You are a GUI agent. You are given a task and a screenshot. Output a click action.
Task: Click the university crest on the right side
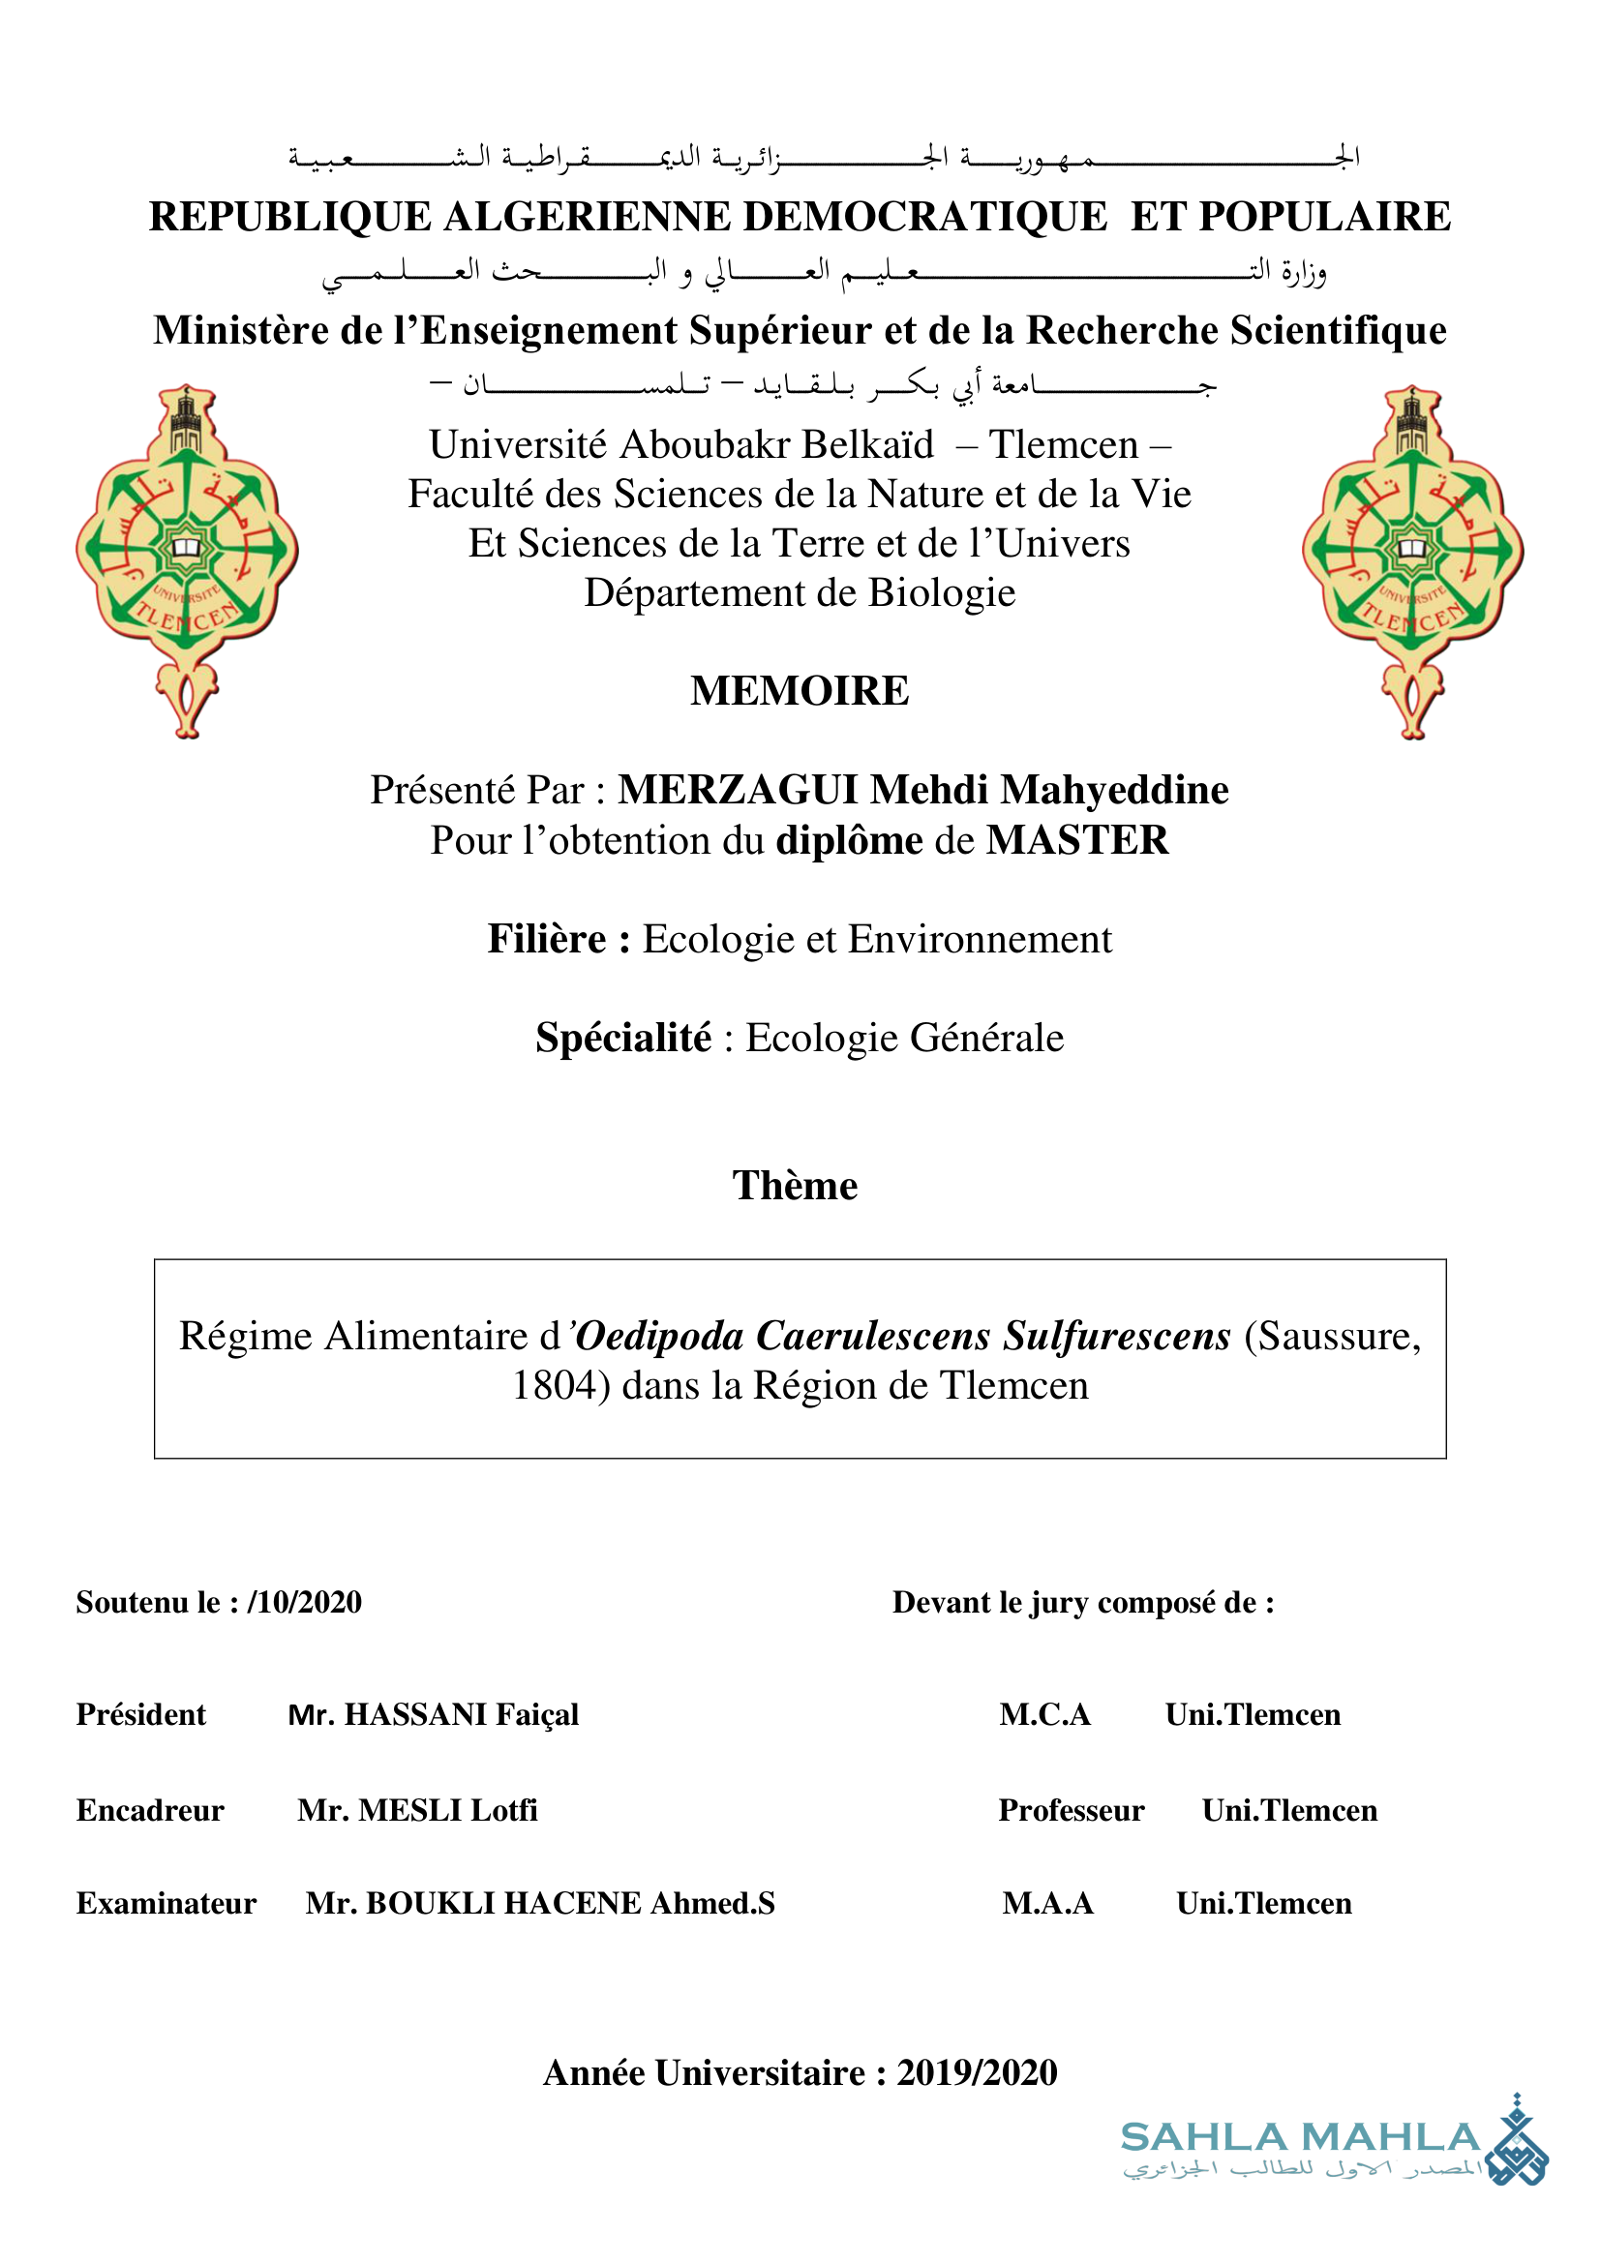point(1412,560)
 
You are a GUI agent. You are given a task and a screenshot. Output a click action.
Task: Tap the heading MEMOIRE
point(800,691)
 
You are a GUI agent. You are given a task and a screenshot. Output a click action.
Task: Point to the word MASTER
point(1076,840)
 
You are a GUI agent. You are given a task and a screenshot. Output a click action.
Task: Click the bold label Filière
point(557,939)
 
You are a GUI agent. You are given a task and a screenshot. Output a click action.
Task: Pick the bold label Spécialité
point(623,1038)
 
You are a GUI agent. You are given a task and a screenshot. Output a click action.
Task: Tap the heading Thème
point(795,1186)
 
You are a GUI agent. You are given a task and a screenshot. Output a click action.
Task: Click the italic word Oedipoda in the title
point(659,1336)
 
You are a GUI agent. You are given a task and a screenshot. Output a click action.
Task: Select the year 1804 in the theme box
point(555,1385)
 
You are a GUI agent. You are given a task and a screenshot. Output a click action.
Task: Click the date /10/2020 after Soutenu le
point(305,1602)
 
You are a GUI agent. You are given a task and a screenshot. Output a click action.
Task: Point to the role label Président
point(141,1715)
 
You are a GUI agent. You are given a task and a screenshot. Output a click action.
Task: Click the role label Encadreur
point(150,1810)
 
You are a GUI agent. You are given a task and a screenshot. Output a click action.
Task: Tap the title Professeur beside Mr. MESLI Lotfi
point(1071,1810)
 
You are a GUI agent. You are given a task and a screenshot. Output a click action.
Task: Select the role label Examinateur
point(166,1903)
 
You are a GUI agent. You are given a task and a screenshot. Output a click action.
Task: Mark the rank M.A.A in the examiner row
point(1047,1903)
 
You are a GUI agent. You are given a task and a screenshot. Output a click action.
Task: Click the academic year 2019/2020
point(976,2072)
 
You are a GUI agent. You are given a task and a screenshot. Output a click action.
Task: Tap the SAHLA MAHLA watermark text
point(1299,2138)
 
